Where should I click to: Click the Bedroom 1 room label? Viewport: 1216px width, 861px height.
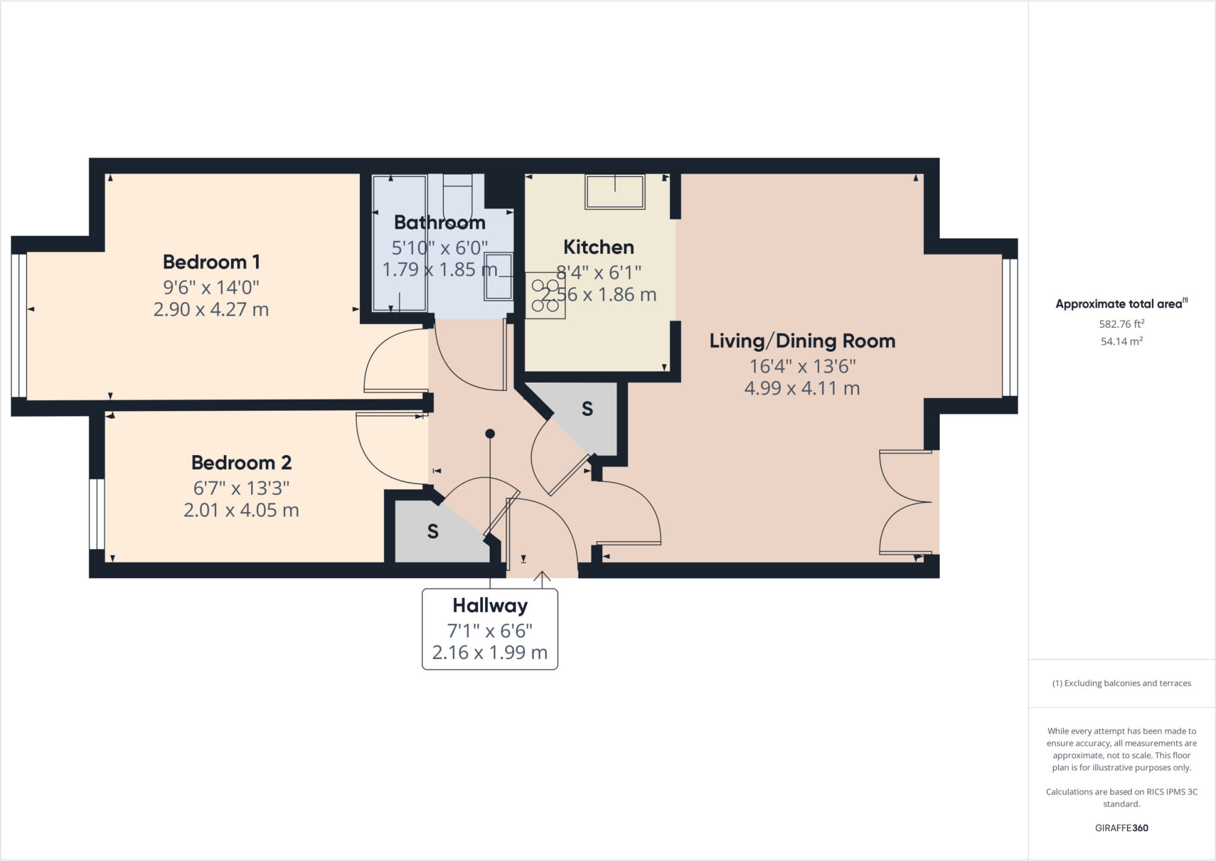pos(211,262)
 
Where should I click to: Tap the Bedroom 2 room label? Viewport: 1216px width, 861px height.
pos(241,462)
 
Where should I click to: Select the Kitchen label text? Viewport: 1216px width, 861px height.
pos(598,247)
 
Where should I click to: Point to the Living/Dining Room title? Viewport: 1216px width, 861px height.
pos(802,341)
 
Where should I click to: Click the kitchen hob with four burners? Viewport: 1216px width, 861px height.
pos(545,295)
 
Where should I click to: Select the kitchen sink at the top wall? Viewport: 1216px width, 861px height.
pos(615,191)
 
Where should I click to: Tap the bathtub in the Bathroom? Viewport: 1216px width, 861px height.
pos(399,243)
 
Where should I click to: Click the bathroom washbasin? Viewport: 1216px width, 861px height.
pos(498,276)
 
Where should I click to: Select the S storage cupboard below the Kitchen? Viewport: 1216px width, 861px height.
pos(587,409)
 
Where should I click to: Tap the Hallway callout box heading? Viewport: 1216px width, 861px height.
pos(490,605)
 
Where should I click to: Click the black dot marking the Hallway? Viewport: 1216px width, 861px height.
pos(490,434)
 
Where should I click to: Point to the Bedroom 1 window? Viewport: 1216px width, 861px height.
pos(19,326)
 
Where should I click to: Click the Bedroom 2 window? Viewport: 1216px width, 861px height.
pos(97,514)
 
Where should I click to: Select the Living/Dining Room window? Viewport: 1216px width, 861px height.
pos(1009,327)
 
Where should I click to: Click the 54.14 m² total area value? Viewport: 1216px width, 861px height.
pos(1122,342)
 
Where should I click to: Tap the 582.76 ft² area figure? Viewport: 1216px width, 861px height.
pos(1122,324)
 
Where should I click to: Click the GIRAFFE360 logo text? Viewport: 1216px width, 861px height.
pos(1122,828)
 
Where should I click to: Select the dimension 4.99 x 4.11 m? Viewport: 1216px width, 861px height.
pos(802,389)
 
